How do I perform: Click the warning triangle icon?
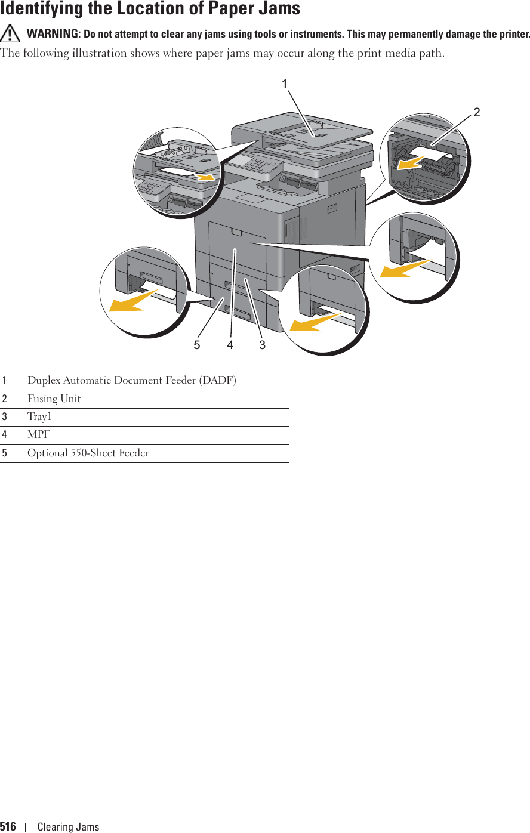10,35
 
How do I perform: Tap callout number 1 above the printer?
285,84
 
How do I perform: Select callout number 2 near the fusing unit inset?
477,112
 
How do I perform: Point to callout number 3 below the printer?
262,345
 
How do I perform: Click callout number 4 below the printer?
230,345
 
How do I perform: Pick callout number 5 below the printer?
197,345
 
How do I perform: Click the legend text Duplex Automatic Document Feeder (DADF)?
131,381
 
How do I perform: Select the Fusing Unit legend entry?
54,399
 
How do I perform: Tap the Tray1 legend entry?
39,417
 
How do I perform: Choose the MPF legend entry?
39,435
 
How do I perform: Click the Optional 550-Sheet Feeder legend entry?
88,453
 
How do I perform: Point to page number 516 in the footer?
8,826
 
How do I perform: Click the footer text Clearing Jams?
68,826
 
